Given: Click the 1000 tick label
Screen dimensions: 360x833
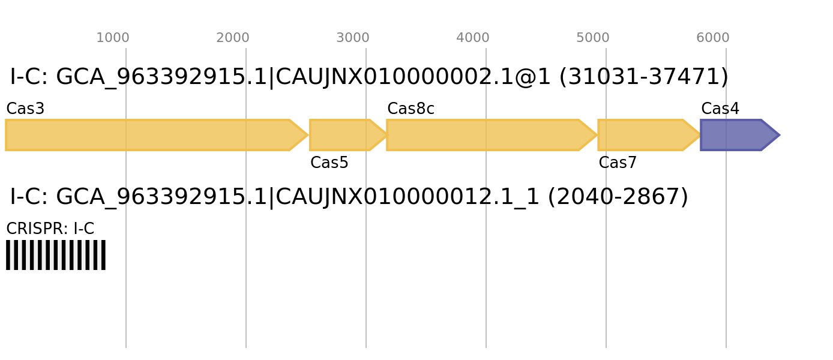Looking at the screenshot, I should tap(113, 38).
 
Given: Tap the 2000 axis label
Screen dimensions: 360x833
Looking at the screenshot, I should tap(233, 38).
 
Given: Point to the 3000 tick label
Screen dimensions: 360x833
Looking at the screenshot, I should tap(353, 38).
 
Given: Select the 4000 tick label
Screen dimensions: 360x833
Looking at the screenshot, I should tap(473, 38).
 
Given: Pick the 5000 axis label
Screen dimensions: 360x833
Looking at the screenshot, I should tap(593, 38).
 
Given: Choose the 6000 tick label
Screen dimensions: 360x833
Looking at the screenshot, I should tap(713, 38).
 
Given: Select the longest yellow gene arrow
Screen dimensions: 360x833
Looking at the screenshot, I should tap(150, 135).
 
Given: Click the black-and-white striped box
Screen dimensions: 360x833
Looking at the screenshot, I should tap(56, 255).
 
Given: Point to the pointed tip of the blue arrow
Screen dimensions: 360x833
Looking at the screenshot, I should tap(779, 135).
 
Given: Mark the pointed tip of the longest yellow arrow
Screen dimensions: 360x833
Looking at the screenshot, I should tap(307, 135).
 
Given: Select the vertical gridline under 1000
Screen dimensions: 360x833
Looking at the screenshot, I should tap(126, 300).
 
